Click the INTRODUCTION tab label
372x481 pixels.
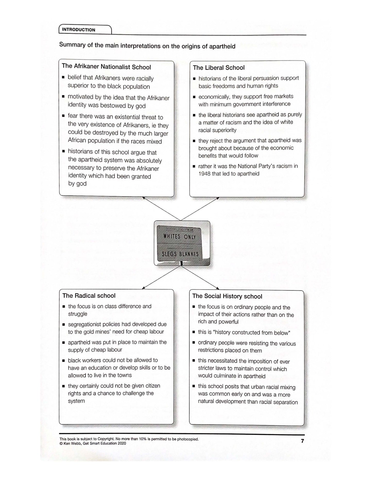click(79, 30)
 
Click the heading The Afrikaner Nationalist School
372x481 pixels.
click(106, 67)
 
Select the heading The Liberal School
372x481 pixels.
click(219, 68)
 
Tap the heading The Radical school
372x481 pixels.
click(89, 296)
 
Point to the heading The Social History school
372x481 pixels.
click(227, 296)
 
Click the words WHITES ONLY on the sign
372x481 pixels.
click(179, 236)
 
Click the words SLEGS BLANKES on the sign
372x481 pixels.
click(180, 254)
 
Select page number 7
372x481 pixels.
click(302, 441)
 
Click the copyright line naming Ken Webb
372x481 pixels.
click(93, 443)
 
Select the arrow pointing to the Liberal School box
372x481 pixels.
click(200, 209)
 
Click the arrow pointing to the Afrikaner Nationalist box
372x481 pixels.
click(161, 209)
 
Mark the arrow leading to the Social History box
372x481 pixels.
click(200, 277)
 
